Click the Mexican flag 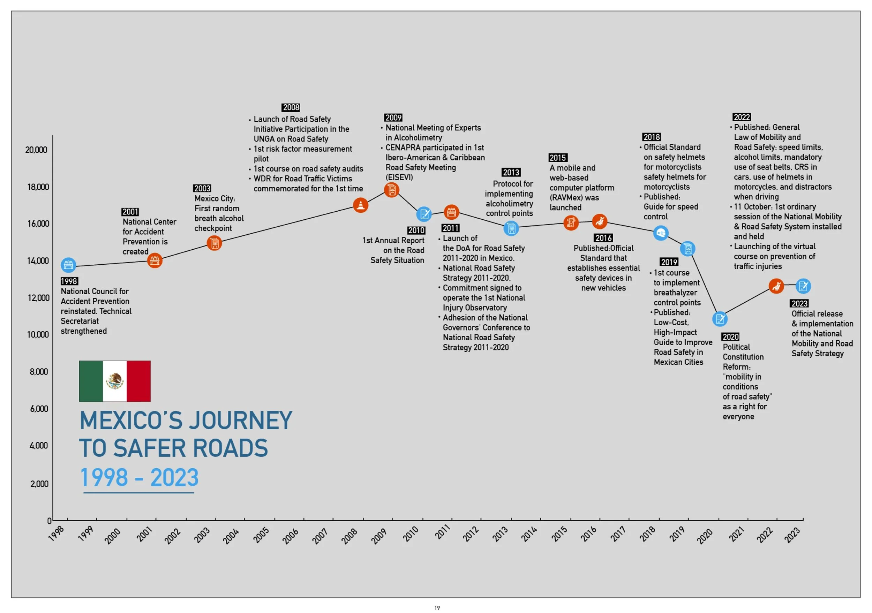click(x=115, y=381)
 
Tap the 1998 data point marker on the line click(x=68, y=265)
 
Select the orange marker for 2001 click(x=155, y=260)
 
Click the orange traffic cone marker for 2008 click(x=360, y=205)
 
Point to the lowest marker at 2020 click(x=720, y=319)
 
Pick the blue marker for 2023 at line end click(x=803, y=286)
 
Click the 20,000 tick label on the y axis click(x=37, y=150)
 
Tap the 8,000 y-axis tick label click(x=39, y=372)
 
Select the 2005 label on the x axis click(x=261, y=535)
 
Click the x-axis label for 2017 click(x=618, y=534)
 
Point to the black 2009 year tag click(x=393, y=118)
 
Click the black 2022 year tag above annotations click(x=742, y=117)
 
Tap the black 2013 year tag click(x=511, y=172)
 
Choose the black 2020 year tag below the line click(x=730, y=337)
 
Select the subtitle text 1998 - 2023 click(x=139, y=477)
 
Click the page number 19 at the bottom click(x=437, y=608)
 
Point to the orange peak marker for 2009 click(x=391, y=190)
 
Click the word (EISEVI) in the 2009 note click(x=399, y=177)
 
